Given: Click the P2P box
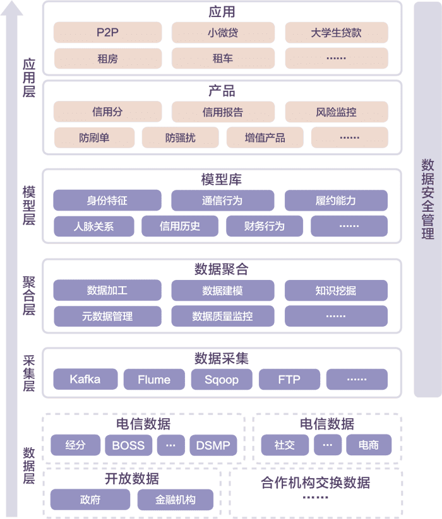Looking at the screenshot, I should click(x=107, y=33).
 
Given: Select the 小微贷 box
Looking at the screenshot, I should click(x=223, y=33).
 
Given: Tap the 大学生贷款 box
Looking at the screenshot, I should click(x=336, y=33).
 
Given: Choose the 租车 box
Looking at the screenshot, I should click(x=223, y=59).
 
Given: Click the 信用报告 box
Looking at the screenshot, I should click(x=223, y=112).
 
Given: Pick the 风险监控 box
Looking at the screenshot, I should click(x=336, y=112).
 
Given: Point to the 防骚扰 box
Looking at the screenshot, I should click(x=180, y=137).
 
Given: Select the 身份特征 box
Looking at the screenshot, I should click(x=107, y=201).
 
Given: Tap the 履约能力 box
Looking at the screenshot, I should click(x=336, y=201).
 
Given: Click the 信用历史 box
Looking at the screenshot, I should click(x=180, y=226).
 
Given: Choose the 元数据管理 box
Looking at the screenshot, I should click(x=107, y=316).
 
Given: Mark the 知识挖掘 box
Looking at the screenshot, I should click(x=336, y=291).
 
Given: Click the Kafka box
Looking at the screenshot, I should click(x=85, y=380).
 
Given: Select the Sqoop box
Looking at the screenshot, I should click(x=220, y=380).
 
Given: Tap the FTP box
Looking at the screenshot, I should click(x=289, y=380).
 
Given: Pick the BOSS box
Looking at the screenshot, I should click(x=128, y=445).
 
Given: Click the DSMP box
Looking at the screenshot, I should click(x=213, y=445).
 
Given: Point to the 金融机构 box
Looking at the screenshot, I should click(x=176, y=500).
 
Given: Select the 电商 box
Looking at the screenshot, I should click(x=369, y=445).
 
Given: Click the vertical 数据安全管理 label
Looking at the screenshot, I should click(x=427, y=199).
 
